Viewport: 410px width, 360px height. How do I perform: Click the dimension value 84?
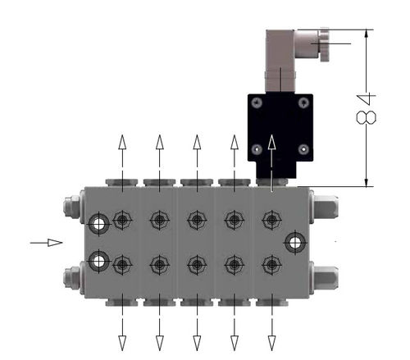pos(367,108)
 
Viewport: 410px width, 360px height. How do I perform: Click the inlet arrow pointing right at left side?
pos(46,243)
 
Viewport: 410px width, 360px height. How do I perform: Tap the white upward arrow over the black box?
pos(271,163)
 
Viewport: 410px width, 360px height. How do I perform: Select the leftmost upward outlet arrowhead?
pos(122,142)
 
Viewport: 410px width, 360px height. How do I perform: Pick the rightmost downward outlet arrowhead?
pos(271,343)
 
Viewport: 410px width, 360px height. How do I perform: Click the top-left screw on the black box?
pos(257,103)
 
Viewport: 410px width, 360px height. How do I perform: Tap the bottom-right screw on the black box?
pos(303,149)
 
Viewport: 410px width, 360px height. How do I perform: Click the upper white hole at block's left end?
pos(98,225)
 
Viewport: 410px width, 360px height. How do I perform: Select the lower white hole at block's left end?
pos(98,261)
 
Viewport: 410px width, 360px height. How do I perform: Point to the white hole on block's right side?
pos(295,243)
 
